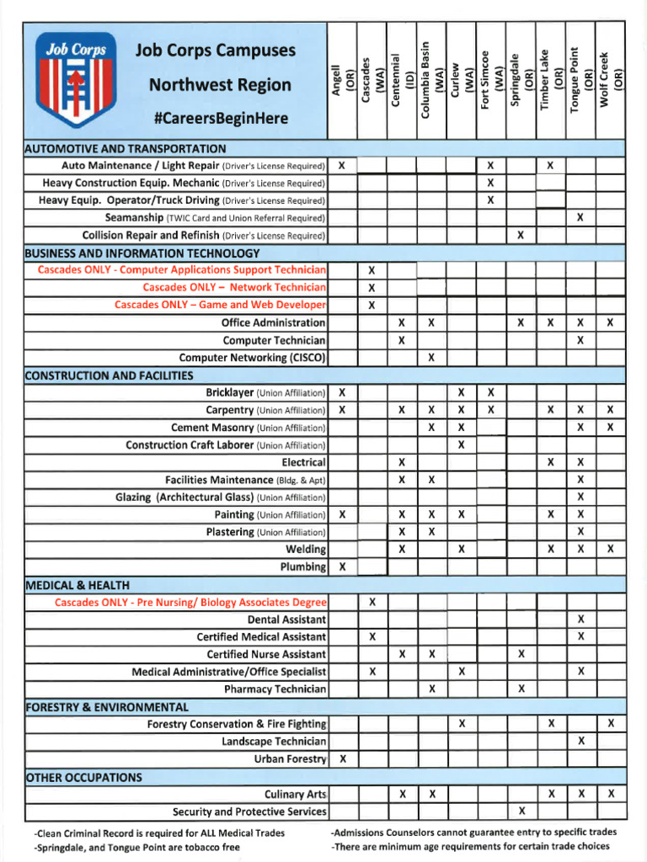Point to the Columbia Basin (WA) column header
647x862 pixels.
point(431,80)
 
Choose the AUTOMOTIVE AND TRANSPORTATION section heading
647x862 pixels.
point(126,149)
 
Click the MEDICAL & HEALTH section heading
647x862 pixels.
point(78,585)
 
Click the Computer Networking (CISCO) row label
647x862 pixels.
point(253,358)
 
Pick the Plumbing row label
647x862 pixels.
point(302,567)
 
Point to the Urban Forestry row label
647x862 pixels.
point(290,759)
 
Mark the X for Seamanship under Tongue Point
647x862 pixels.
point(580,218)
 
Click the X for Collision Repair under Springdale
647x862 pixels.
point(521,236)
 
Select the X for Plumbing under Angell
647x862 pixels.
point(342,567)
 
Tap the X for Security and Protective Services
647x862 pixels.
point(521,811)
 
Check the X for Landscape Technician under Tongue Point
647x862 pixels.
point(580,742)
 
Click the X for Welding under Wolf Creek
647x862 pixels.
point(610,550)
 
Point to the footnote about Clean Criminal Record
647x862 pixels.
point(159,833)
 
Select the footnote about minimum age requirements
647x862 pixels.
point(470,846)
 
